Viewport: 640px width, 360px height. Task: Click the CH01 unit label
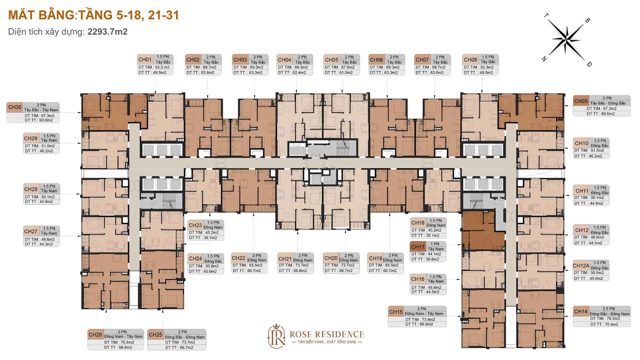[x=145, y=60]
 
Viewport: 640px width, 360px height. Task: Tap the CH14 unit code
[x=581, y=311]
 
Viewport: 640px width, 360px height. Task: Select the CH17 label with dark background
[x=418, y=247]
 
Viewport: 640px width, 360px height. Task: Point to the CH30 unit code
[x=15, y=107]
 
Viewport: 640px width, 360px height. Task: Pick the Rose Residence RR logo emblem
[x=277, y=337]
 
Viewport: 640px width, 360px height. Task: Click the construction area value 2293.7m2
[x=107, y=32]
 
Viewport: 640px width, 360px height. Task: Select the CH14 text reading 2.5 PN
[x=609, y=309]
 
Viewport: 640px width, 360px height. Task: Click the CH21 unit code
[x=285, y=259]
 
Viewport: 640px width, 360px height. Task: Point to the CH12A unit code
[x=581, y=266]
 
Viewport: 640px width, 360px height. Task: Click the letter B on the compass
[x=587, y=20]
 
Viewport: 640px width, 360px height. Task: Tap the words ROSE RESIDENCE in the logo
[x=327, y=334]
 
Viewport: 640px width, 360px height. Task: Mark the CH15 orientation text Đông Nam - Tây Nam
[x=424, y=314]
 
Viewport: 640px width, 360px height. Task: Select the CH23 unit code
[x=195, y=225]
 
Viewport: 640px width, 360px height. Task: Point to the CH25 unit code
[x=155, y=335]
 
